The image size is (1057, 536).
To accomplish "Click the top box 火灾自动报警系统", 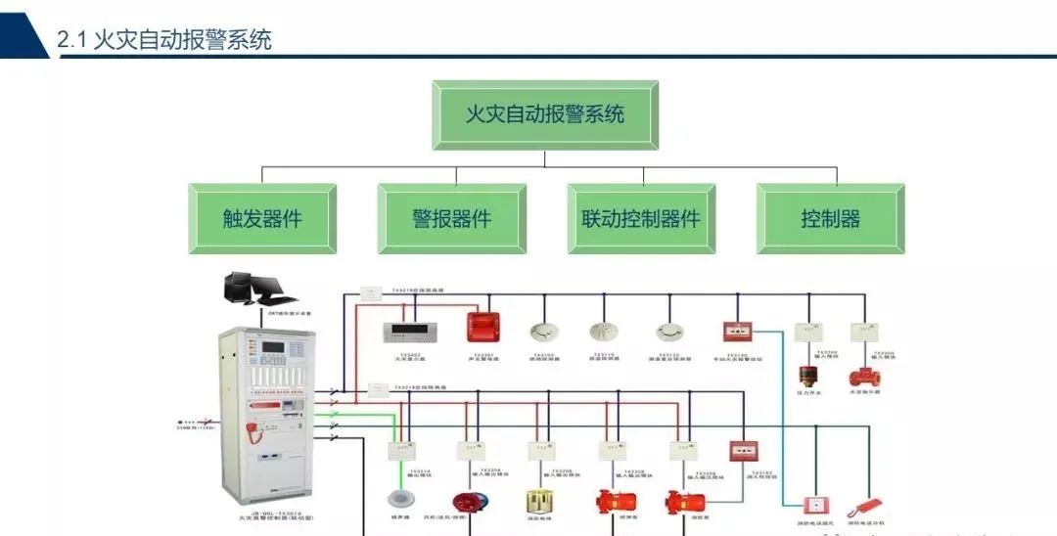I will click(545, 114).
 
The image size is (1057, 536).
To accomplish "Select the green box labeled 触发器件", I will click(262, 218).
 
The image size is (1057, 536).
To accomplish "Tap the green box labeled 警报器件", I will click(451, 218).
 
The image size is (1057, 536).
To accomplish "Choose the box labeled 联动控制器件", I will click(641, 218).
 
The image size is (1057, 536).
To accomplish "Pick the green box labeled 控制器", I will click(830, 218).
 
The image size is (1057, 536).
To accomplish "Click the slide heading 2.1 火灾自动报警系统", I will click(164, 40).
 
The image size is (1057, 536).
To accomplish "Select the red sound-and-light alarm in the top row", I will click(483, 326).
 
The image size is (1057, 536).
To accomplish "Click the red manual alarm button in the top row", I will click(737, 332).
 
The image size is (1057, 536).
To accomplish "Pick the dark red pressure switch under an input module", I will click(807, 377).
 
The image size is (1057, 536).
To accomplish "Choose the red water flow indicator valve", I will click(863, 377).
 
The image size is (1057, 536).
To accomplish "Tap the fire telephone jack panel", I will click(813, 506).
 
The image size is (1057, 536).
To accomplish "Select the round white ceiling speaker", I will click(397, 498).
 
